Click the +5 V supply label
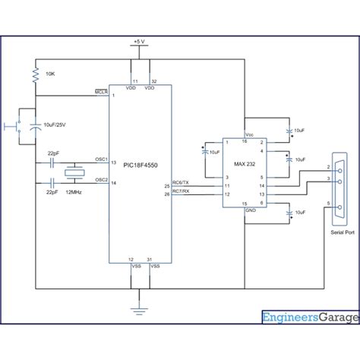click(137, 41)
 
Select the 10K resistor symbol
click(35, 75)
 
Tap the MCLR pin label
click(101, 91)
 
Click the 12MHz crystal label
click(74, 194)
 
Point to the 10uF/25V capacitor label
click(58, 125)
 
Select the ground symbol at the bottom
click(137, 309)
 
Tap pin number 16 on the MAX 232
click(244, 141)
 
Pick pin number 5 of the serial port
click(329, 204)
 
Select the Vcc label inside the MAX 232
click(248, 134)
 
